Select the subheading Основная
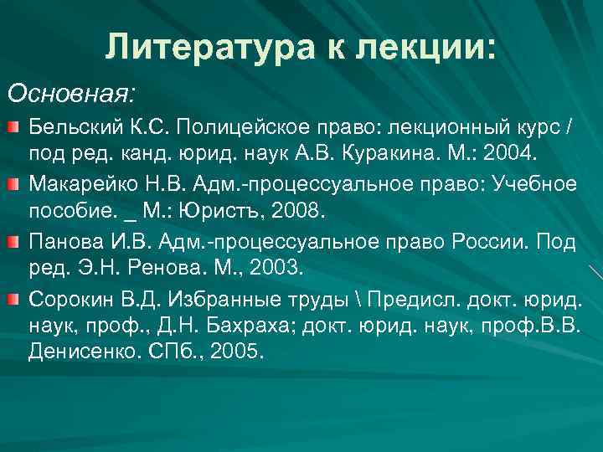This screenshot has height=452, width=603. click(x=72, y=89)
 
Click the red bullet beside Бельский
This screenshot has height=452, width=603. click(x=16, y=126)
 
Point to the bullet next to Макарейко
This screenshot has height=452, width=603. click(x=16, y=183)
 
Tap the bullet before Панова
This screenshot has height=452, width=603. click(x=16, y=240)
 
